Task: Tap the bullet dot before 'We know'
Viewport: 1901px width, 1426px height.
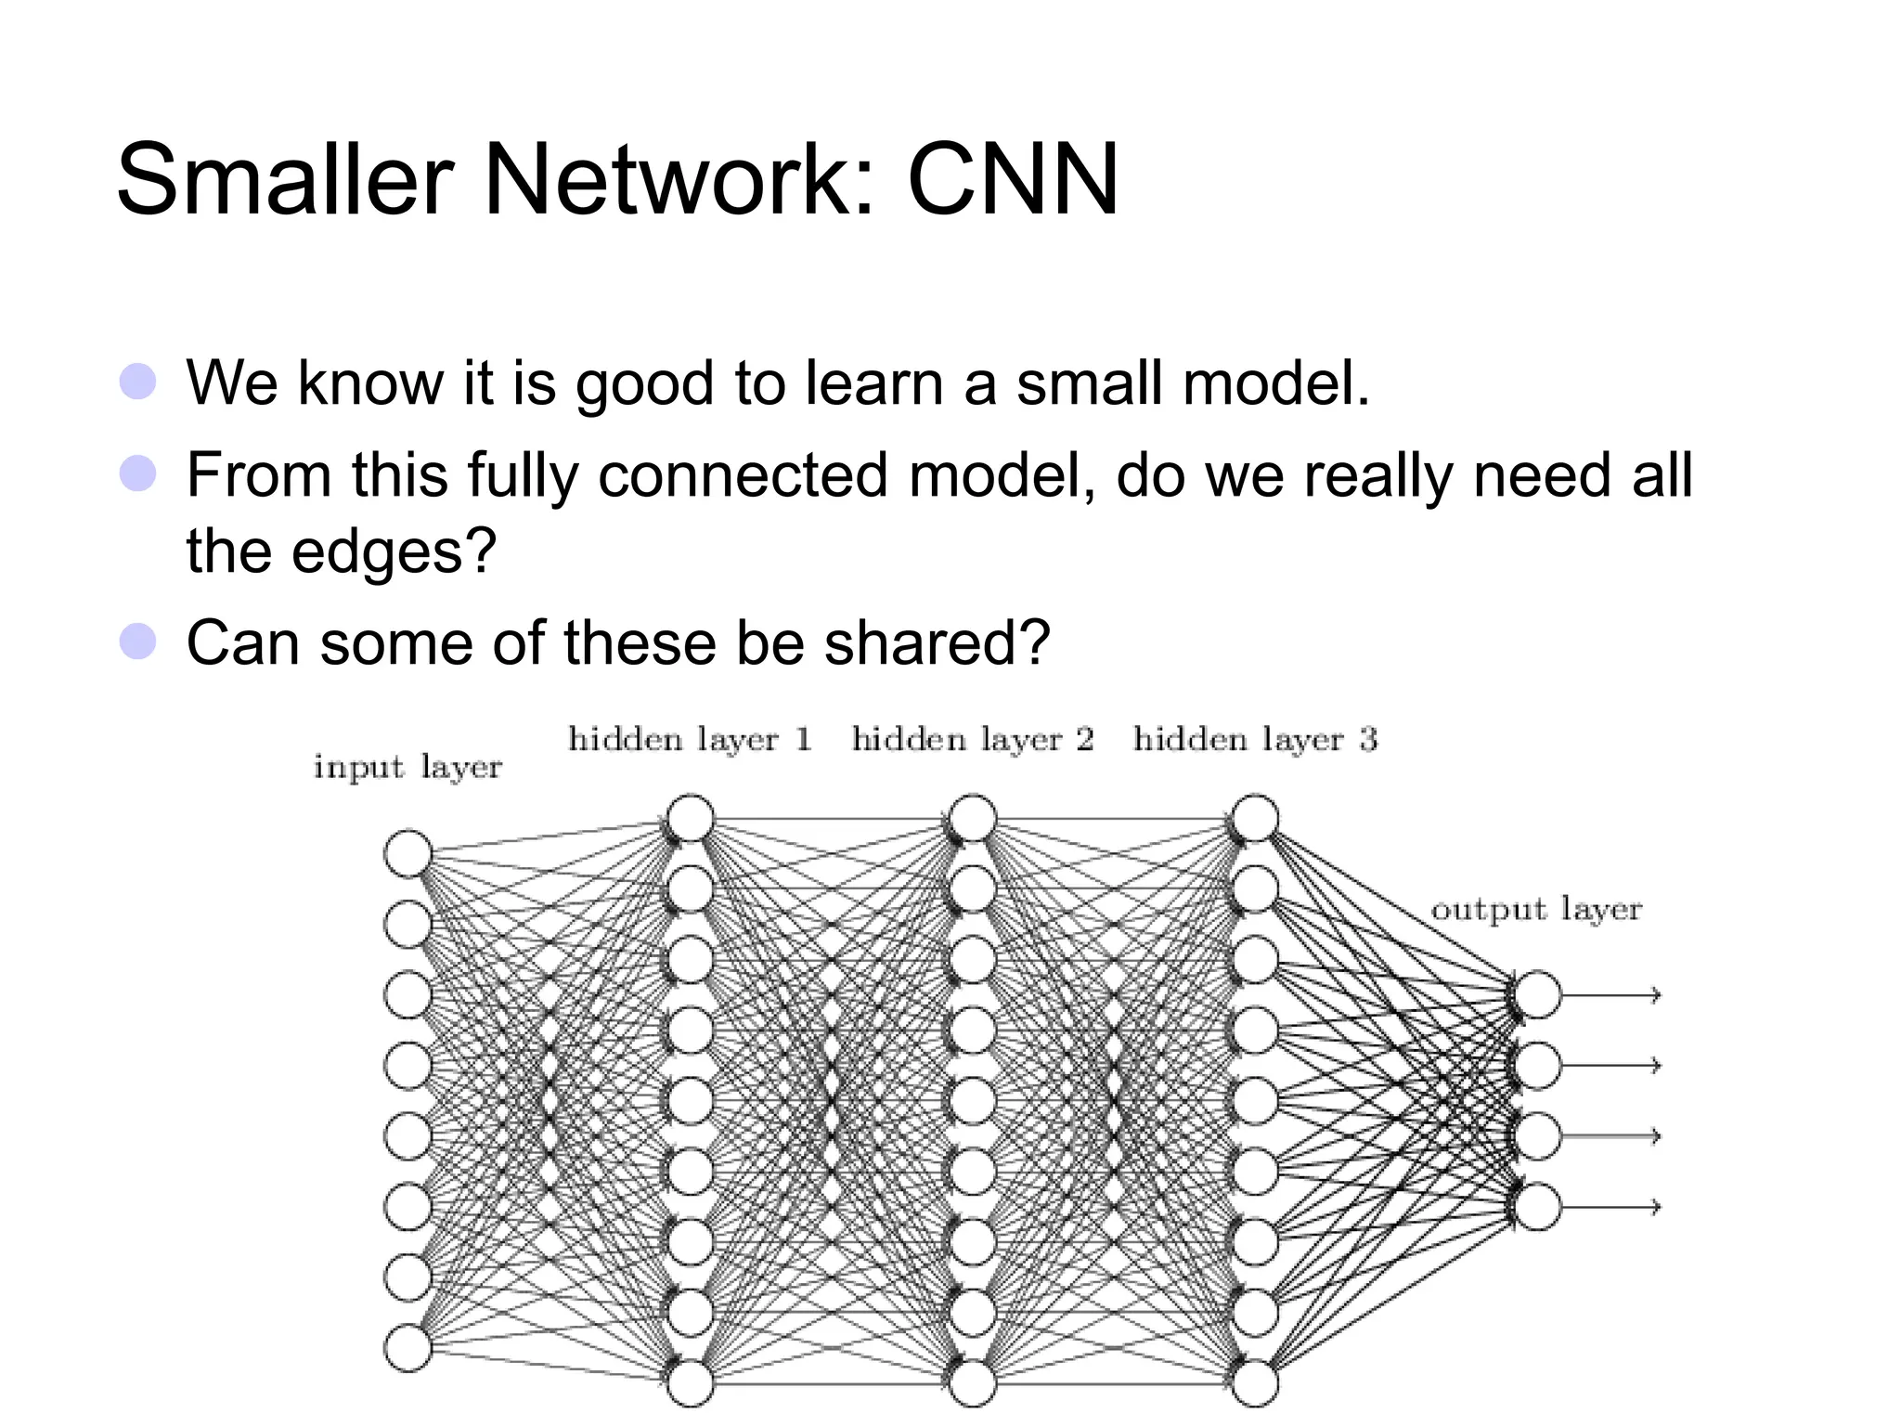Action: click(x=137, y=382)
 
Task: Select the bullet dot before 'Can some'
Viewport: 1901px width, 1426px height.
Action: click(x=137, y=642)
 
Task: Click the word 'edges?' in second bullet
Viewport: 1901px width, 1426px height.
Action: click(x=394, y=551)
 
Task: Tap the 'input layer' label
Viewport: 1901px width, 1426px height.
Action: click(x=407, y=768)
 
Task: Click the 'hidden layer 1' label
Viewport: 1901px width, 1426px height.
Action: click(x=690, y=740)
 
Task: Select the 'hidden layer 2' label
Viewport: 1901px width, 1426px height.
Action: click(x=973, y=740)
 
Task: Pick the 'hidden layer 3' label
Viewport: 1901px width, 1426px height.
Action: click(x=1255, y=740)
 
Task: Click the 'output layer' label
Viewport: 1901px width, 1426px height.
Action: click(x=1536, y=909)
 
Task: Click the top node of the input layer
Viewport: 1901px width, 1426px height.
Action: click(x=407, y=853)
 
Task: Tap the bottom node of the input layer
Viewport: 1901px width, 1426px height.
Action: click(x=407, y=1348)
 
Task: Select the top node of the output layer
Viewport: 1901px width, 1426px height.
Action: click(x=1537, y=995)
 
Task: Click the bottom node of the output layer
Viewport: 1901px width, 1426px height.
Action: click(x=1537, y=1207)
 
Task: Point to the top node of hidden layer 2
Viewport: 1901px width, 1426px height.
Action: click(x=973, y=819)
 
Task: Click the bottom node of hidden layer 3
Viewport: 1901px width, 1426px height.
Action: click(x=1255, y=1383)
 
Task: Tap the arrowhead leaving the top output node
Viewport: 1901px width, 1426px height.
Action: click(x=1655, y=995)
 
